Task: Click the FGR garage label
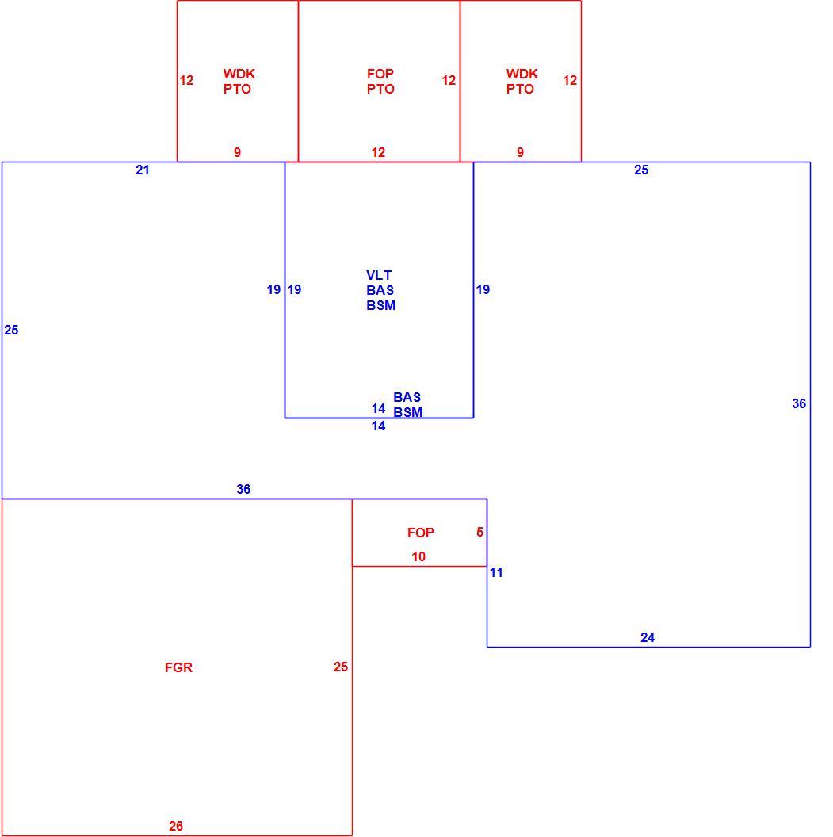[x=178, y=667]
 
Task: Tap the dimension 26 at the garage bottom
[x=176, y=826]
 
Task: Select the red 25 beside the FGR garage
[x=341, y=667]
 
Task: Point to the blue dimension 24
[x=648, y=637]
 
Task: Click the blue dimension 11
[x=496, y=573]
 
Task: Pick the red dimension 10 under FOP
[x=418, y=556]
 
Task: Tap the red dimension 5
[x=480, y=532]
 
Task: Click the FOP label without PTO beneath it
[x=421, y=533]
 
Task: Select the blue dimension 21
[x=143, y=170]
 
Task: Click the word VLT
[x=379, y=276]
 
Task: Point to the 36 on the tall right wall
[x=799, y=403]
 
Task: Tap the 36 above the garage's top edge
[x=243, y=489]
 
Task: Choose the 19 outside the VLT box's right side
[x=483, y=289]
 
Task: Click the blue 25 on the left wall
[x=11, y=330]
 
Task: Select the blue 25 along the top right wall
[x=641, y=170]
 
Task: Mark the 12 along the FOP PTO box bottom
[x=378, y=153]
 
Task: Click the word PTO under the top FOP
[x=380, y=89]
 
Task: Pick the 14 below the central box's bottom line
[x=378, y=426]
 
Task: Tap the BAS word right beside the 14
[x=407, y=397]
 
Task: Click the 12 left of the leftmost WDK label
[x=186, y=80]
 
